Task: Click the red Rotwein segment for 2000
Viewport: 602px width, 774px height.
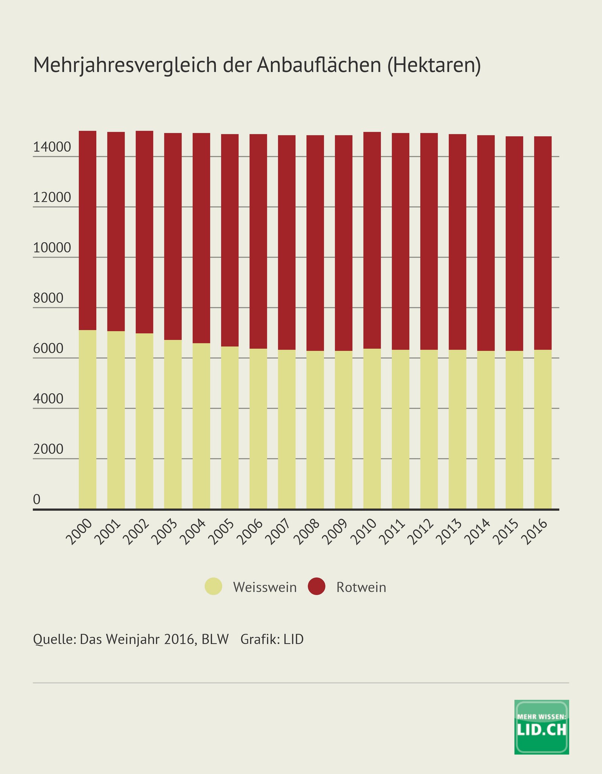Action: (x=87, y=230)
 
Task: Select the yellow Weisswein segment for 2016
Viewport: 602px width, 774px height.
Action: (x=543, y=429)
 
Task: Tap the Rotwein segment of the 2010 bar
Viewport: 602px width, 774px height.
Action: (x=372, y=240)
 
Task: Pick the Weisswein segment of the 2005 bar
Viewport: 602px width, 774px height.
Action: (x=230, y=427)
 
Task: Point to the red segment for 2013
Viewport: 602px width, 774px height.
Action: (x=457, y=242)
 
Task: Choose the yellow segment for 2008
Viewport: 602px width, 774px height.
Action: (x=315, y=430)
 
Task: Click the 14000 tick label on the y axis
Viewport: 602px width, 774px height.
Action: (x=52, y=147)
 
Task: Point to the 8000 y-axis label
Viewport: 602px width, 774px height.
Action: (x=48, y=298)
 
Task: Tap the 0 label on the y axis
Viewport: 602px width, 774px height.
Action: (x=36, y=499)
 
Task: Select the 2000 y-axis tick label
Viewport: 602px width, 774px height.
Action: (x=48, y=449)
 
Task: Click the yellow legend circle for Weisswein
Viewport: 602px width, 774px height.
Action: (x=213, y=586)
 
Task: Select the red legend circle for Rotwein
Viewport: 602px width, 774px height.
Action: (x=316, y=586)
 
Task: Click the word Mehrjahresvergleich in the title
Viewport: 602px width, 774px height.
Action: (x=125, y=65)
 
